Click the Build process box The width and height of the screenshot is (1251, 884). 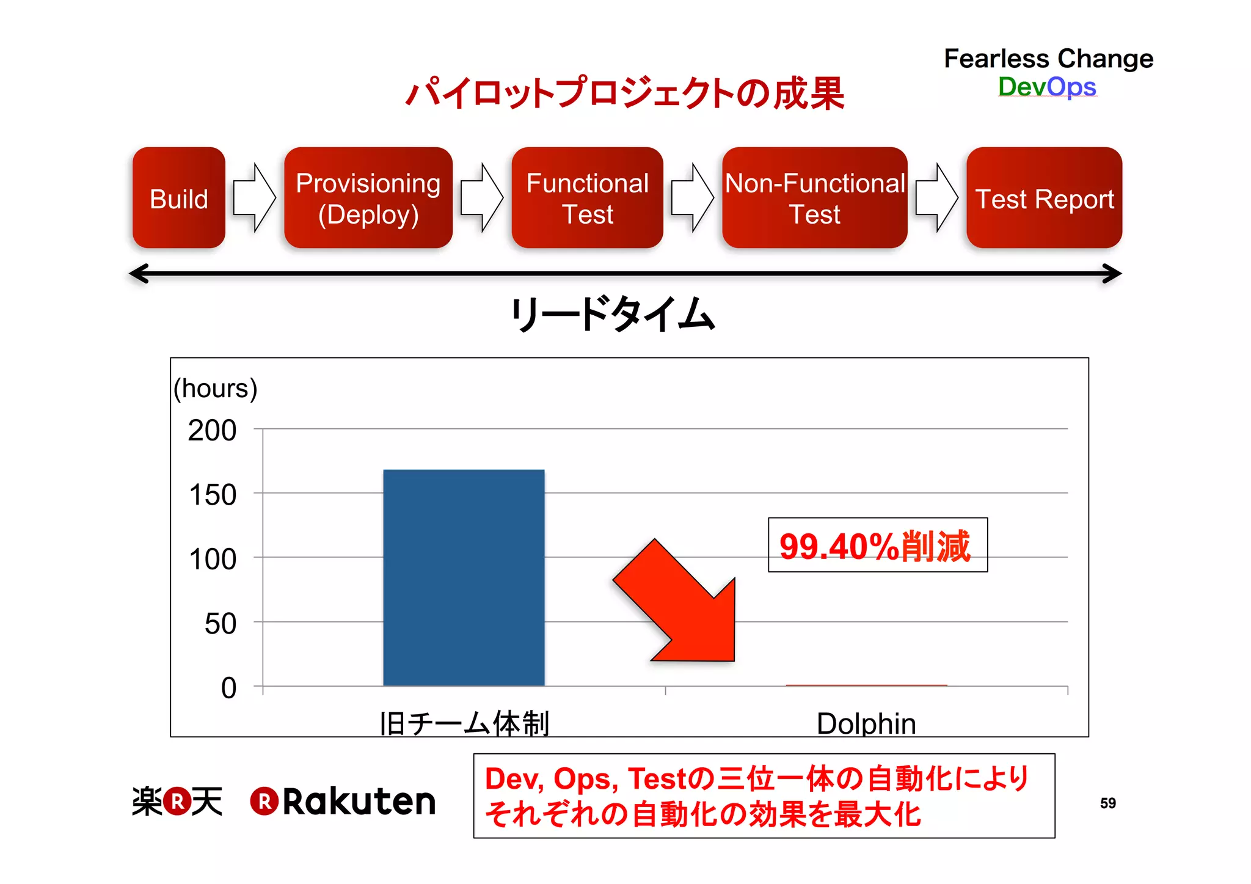click(178, 198)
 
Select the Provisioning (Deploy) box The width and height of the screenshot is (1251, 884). click(368, 198)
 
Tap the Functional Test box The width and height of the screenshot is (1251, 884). click(587, 198)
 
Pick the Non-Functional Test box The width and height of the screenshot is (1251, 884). click(814, 198)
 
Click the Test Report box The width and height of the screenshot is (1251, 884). click(1044, 198)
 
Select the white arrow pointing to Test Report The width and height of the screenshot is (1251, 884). click(937, 197)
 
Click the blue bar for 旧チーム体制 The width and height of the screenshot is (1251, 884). click(464, 577)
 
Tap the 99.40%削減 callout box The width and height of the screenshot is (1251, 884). click(877, 545)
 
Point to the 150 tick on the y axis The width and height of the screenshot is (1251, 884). click(213, 494)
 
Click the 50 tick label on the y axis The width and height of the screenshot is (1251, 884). click(220, 623)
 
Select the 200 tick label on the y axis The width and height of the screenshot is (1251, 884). click(212, 430)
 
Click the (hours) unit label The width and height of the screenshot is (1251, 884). click(215, 388)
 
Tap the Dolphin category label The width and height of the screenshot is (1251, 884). click(866, 723)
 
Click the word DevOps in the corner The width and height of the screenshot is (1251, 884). click(1047, 87)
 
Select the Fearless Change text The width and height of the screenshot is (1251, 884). click(1048, 59)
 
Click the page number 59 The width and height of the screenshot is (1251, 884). click(1107, 803)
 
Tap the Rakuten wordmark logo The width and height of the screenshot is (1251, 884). click(344, 801)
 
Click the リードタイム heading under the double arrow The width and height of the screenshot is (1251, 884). click(613, 314)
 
